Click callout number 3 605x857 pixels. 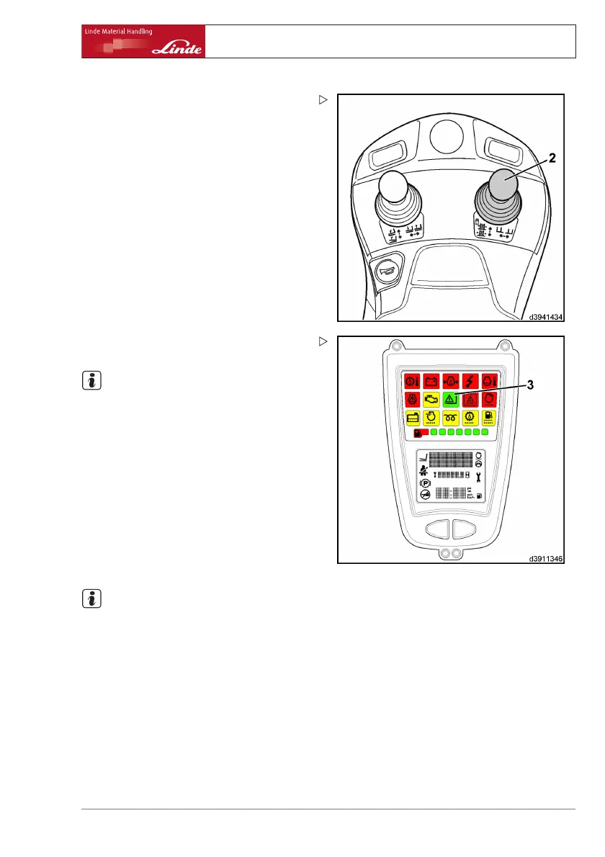530,385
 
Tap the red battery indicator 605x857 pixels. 432,381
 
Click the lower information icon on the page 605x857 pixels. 92,598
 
